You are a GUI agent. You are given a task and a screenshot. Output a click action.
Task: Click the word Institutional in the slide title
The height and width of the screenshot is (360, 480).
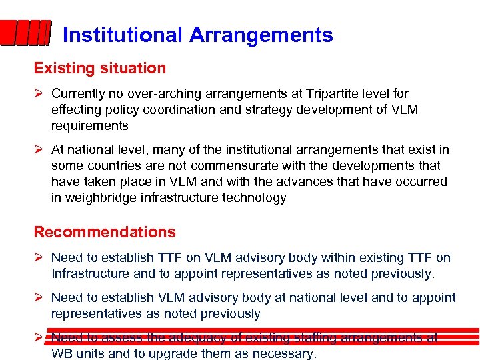(x=123, y=35)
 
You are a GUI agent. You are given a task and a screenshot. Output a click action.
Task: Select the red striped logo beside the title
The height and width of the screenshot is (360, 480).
(x=25, y=33)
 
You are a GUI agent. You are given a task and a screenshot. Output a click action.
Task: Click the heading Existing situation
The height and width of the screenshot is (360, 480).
(x=100, y=68)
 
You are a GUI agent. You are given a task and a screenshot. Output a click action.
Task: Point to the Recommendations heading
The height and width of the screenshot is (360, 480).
(x=105, y=232)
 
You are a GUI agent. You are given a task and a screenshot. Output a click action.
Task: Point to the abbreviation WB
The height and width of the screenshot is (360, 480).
(x=62, y=354)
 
